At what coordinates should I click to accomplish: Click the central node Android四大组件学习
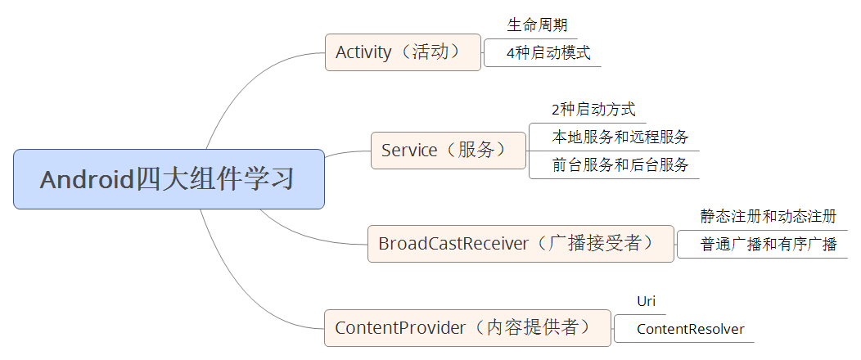(x=169, y=179)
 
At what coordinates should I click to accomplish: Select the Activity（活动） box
(x=403, y=52)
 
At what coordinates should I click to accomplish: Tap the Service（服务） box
(x=448, y=151)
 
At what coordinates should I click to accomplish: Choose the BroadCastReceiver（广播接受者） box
(x=521, y=244)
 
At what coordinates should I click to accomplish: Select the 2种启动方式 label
(x=593, y=110)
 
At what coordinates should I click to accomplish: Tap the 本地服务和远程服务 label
(x=620, y=137)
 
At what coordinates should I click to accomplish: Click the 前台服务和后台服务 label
(x=620, y=165)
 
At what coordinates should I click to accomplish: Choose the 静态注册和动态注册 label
(x=768, y=217)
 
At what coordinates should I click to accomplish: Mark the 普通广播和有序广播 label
(x=768, y=245)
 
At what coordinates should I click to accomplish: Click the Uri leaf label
(x=646, y=302)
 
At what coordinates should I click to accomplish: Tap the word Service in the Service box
(x=408, y=151)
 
